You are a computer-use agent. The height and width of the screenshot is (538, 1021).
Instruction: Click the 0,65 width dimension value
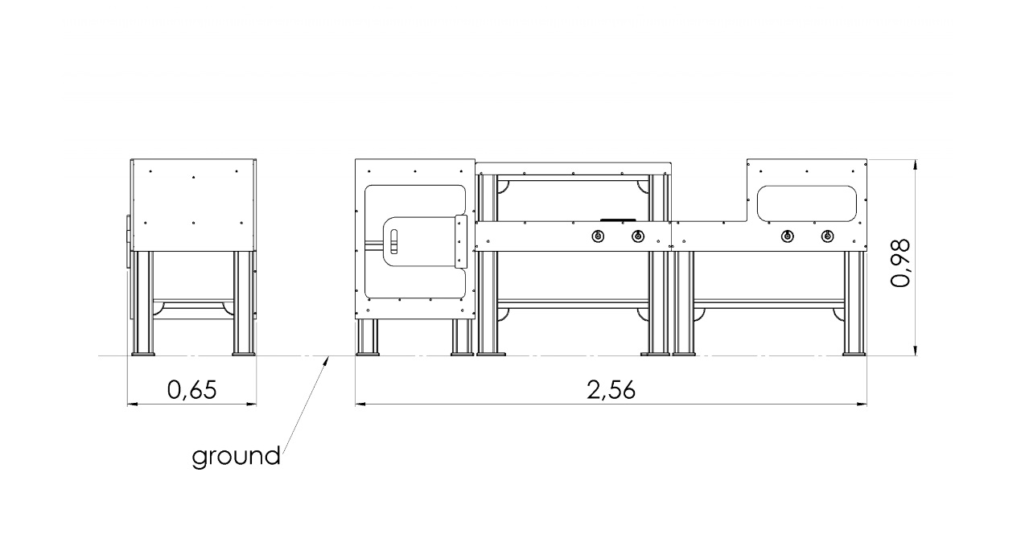coord(192,390)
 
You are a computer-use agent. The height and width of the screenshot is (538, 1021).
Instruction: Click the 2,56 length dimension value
coord(611,390)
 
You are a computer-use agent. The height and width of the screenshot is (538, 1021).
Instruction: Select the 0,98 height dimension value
coord(900,263)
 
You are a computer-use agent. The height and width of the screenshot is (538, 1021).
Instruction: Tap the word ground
coord(236,456)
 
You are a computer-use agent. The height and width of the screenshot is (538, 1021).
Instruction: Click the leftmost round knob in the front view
coord(598,236)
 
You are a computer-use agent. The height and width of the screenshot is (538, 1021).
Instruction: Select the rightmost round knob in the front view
coord(827,236)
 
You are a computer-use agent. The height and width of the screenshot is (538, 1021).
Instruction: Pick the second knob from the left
coord(638,236)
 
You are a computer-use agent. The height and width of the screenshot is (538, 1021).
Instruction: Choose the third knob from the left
coord(787,236)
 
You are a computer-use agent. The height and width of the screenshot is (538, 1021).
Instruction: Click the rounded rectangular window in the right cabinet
coord(806,203)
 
